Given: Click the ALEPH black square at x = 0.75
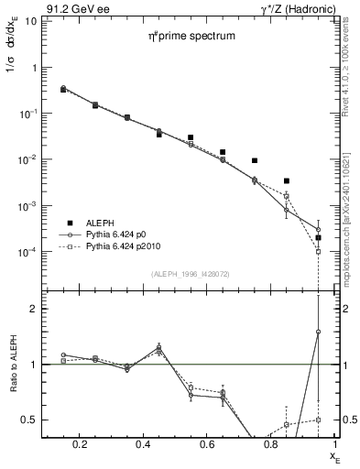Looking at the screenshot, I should pyautogui.click(x=255, y=160).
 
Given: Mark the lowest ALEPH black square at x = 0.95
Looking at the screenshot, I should pyautogui.click(x=318, y=237).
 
